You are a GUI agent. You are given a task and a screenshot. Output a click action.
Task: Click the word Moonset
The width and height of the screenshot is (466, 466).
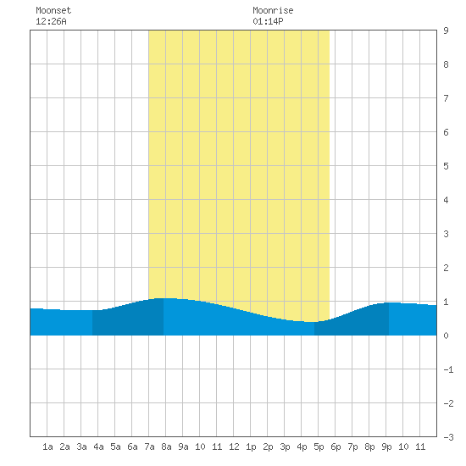(x=53, y=10)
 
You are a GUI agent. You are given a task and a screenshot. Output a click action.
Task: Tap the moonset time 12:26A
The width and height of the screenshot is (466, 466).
(x=51, y=21)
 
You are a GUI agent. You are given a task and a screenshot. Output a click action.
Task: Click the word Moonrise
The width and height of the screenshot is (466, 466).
(x=273, y=10)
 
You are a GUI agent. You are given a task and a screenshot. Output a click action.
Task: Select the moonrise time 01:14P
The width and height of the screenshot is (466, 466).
(x=268, y=21)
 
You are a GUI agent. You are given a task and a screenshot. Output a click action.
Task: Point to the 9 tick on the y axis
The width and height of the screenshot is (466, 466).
(x=446, y=31)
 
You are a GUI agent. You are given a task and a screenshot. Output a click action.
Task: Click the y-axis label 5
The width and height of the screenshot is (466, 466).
(x=446, y=166)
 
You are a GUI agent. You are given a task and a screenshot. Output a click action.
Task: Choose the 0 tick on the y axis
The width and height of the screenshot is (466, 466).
(x=446, y=336)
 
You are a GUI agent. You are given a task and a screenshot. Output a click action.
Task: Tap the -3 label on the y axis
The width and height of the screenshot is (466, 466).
(x=448, y=437)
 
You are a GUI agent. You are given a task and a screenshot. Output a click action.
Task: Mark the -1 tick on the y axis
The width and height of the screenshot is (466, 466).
(x=448, y=369)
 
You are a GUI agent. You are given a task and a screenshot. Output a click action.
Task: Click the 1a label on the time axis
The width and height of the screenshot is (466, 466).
(x=47, y=447)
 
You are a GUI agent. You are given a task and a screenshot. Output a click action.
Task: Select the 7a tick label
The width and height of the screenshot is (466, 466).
(x=149, y=447)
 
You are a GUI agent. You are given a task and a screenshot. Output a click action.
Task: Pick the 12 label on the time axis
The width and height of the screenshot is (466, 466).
(x=234, y=447)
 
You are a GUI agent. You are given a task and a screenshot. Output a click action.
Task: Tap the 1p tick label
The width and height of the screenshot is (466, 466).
(x=251, y=447)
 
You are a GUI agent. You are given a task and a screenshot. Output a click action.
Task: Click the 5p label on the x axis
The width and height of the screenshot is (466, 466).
(x=319, y=447)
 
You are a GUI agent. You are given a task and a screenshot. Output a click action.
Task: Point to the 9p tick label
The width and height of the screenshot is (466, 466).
(x=386, y=447)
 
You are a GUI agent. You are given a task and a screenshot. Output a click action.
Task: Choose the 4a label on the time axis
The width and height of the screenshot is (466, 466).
(x=98, y=447)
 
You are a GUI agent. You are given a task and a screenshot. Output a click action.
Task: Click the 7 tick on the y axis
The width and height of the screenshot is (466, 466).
(x=446, y=98)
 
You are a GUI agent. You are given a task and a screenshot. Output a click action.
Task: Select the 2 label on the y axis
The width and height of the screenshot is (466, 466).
(x=446, y=268)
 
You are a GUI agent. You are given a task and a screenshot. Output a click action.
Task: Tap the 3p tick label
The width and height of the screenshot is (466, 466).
(x=285, y=447)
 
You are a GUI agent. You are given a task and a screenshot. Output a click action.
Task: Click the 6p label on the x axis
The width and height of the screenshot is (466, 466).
(x=336, y=447)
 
